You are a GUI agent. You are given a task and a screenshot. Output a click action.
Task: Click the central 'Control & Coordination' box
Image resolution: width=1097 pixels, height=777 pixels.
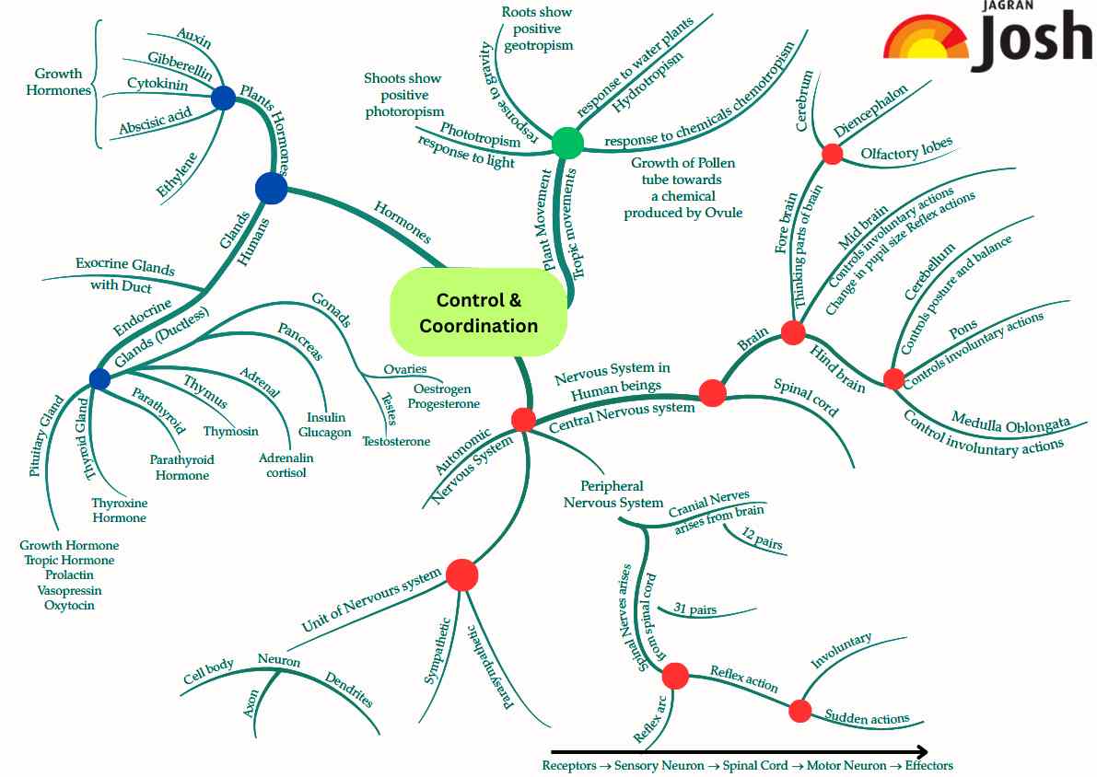[x=478, y=313]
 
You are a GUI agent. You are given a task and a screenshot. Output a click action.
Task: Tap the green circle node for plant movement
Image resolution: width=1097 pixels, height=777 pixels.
[x=568, y=143]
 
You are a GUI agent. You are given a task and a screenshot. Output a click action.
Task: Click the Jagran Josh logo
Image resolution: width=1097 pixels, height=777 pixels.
[x=987, y=39]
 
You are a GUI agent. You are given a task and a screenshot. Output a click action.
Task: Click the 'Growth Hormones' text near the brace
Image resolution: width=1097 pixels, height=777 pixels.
[x=59, y=82]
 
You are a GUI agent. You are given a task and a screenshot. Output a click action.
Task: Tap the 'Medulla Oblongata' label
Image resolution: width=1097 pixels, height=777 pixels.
[x=1010, y=423]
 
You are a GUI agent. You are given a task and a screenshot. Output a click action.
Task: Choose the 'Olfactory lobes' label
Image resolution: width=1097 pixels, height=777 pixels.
[x=906, y=150]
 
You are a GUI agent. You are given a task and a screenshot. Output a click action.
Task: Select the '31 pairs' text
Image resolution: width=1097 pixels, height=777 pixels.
[x=695, y=609]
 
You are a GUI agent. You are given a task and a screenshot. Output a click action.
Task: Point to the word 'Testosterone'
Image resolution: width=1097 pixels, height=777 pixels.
[x=396, y=441]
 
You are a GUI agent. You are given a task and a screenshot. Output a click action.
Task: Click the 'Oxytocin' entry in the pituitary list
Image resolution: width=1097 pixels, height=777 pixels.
[x=69, y=605]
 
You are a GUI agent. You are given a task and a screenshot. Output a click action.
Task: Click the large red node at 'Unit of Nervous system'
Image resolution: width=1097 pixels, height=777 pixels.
[x=461, y=574]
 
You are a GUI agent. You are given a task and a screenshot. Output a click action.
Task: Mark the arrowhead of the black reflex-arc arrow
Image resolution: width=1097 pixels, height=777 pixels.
[x=920, y=751]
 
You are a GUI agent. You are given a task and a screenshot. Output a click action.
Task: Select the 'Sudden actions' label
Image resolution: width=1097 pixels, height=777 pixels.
[x=867, y=717]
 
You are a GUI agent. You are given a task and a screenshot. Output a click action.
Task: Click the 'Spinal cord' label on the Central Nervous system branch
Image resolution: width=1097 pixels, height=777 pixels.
[x=807, y=398]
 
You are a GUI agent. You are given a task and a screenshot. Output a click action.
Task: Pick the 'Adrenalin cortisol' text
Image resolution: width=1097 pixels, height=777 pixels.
[x=286, y=465]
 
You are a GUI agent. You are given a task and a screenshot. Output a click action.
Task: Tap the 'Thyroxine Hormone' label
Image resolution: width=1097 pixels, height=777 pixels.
[x=119, y=510]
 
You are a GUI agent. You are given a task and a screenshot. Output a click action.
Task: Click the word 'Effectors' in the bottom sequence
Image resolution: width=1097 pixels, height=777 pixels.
[x=928, y=766]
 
